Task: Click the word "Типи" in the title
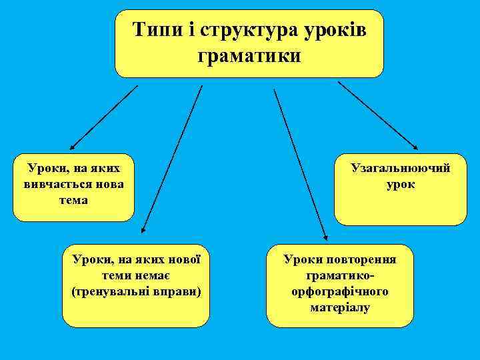tap(155, 31)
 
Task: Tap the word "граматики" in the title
tap(249, 55)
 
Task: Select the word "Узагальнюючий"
tap(401, 169)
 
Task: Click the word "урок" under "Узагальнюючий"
tap(400, 184)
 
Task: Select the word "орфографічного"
tap(340, 291)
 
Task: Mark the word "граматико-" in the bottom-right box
tap(340, 276)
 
